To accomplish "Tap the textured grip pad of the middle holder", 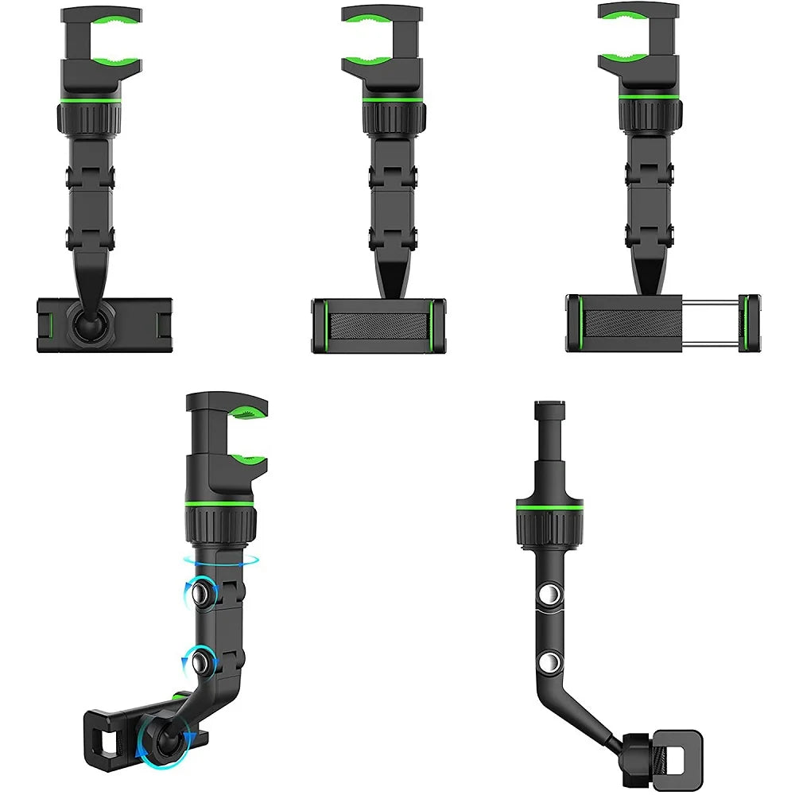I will pyautogui.click(x=378, y=326).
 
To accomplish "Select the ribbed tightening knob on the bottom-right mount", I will pyautogui.click(x=548, y=529).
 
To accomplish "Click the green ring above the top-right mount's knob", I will pyautogui.click(x=650, y=96).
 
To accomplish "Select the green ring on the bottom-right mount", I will pyautogui.click(x=548, y=506).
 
